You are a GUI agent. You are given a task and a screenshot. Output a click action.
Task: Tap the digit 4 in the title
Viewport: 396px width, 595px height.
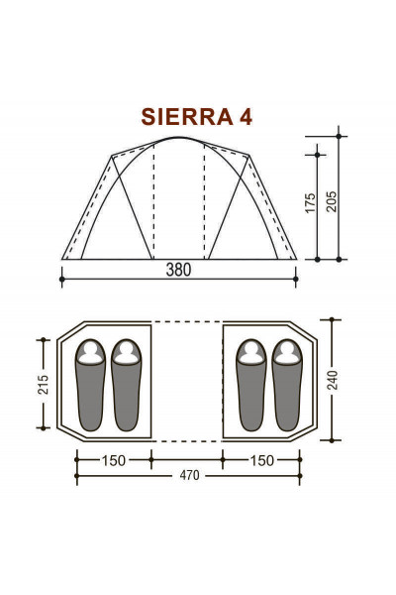pyautogui.click(x=245, y=117)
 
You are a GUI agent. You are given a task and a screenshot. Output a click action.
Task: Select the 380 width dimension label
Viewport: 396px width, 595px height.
pyautogui.click(x=178, y=270)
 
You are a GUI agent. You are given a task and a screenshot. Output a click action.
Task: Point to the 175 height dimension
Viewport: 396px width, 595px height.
pyautogui.click(x=310, y=203)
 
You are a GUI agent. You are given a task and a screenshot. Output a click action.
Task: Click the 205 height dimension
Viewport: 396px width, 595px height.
pyautogui.click(x=331, y=196)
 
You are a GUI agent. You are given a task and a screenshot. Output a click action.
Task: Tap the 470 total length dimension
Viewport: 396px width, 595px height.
pyautogui.click(x=189, y=475)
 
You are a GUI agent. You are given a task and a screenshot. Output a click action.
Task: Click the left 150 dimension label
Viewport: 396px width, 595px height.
pyautogui.click(x=114, y=459)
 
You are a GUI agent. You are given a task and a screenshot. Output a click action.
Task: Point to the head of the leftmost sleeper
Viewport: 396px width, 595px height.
pyautogui.click(x=91, y=352)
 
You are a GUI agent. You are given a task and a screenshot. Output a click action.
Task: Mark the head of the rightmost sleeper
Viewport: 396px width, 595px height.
pyautogui.click(x=286, y=352)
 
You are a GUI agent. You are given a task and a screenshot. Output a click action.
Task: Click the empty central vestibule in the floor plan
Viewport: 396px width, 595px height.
pyautogui.click(x=187, y=381)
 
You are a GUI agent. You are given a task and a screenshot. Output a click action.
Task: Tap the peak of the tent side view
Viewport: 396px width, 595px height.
pyautogui.click(x=179, y=138)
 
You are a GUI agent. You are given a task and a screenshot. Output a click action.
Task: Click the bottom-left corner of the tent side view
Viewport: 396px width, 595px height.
pyautogui.click(x=62, y=260)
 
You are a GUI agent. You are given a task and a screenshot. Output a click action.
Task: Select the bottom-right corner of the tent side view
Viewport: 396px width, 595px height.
pyautogui.click(x=297, y=260)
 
